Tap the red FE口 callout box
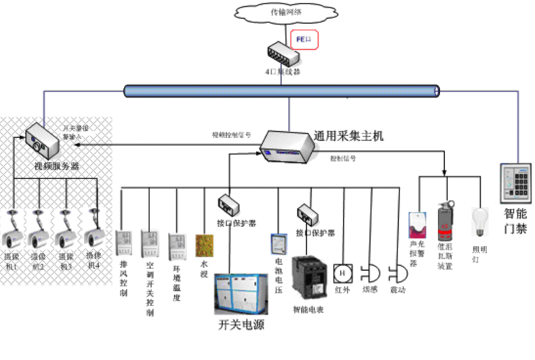pyautogui.click(x=304, y=40)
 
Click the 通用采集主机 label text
pyautogui.click(x=349, y=136)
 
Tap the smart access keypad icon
pyautogui.click(x=516, y=183)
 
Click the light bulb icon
pyautogui.click(x=479, y=221)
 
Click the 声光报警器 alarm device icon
pyautogui.click(x=417, y=225)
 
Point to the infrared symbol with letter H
pyautogui.click(x=343, y=273)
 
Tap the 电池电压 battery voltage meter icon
pyautogui.click(x=278, y=245)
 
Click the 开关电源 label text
pyautogui.click(x=242, y=325)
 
